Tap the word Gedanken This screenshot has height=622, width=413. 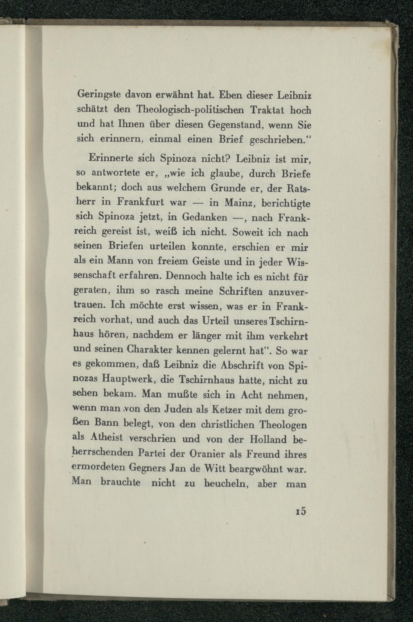coord(205,217)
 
